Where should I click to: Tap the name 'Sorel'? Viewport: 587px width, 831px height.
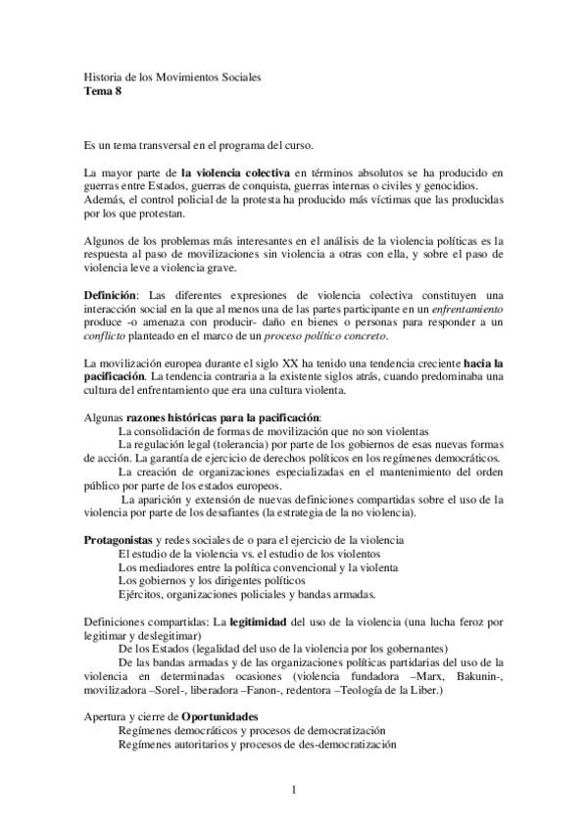click(165, 690)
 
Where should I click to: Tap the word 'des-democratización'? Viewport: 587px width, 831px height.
click(338, 744)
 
